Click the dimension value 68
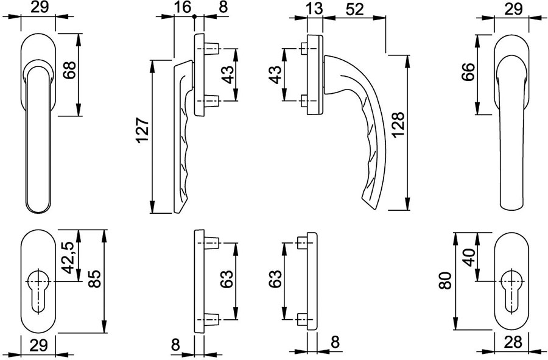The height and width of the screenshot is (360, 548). tap(69, 70)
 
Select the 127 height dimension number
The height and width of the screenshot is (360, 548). tap(143, 130)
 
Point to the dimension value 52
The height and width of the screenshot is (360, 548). tap(354, 9)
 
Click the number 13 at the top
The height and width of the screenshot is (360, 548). tap(314, 9)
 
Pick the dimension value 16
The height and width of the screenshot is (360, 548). tap(183, 8)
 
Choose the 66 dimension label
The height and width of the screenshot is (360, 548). tap(468, 72)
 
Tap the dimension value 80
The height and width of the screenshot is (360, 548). tap(445, 281)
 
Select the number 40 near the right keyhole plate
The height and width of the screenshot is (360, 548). tap(469, 258)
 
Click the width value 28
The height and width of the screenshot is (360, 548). tap(513, 342)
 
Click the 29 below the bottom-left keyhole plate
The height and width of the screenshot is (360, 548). tap(38, 345)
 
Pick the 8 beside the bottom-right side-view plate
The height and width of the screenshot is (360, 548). tap(335, 342)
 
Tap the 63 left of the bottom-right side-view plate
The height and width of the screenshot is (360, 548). tap(275, 279)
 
